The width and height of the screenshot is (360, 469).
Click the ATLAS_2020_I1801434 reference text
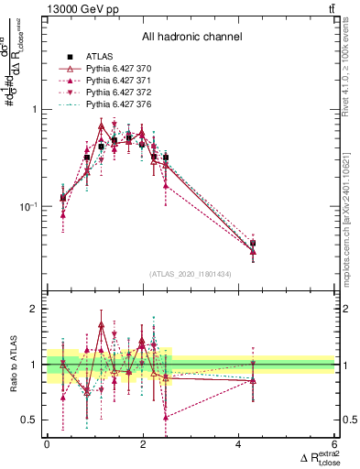point(191,274)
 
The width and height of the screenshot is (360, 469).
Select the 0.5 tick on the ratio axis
point(32,420)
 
